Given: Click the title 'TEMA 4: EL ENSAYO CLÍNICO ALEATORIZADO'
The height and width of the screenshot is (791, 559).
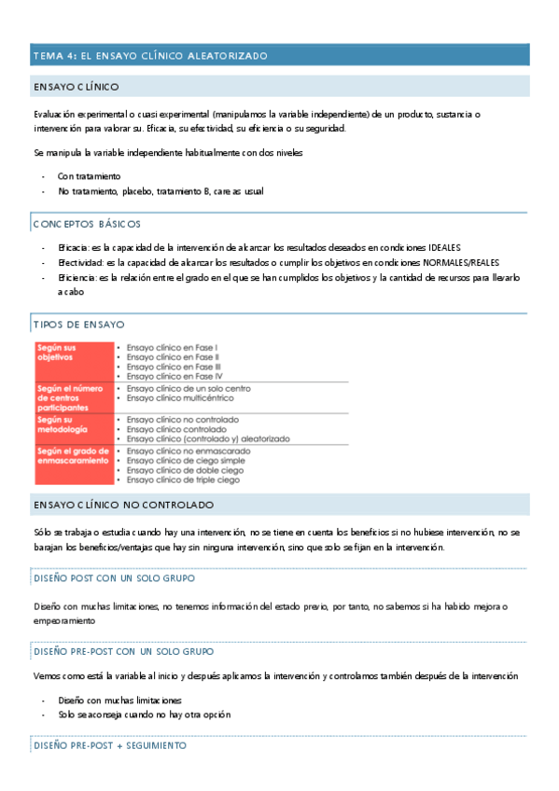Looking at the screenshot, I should (x=150, y=56).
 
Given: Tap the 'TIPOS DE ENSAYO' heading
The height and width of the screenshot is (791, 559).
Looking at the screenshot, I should (x=78, y=325).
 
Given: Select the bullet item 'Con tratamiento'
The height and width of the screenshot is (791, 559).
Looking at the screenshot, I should (x=89, y=175).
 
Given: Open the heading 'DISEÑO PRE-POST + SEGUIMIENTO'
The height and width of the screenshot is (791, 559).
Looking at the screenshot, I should (x=109, y=745).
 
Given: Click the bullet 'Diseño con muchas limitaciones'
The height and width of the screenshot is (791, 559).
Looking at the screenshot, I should (x=119, y=700).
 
